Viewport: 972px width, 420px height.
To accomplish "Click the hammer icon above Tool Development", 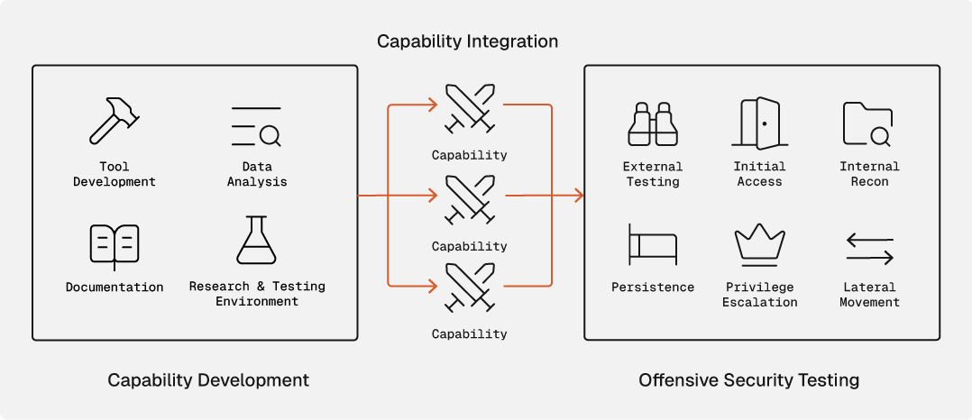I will [114, 122].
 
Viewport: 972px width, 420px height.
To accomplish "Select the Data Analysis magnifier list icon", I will [256, 126].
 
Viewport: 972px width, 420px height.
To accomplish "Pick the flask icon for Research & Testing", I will [256, 241].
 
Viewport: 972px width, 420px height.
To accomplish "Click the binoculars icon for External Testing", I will [652, 124].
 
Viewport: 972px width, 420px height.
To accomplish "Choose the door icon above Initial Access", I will [759, 123].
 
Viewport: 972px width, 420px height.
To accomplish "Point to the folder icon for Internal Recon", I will [868, 124].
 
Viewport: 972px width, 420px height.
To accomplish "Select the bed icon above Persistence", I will [652, 244].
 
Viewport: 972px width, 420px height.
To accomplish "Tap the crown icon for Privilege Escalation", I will [759, 245].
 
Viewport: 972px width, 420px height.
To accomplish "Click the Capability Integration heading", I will [467, 41].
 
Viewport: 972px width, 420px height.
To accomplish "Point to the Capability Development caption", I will [208, 379].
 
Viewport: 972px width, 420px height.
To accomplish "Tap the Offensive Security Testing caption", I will [748, 379].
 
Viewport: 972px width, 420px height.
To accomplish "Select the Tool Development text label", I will [115, 174].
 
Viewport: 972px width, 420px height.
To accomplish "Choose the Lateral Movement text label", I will [869, 295].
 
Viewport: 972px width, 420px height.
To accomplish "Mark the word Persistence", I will [653, 288].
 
